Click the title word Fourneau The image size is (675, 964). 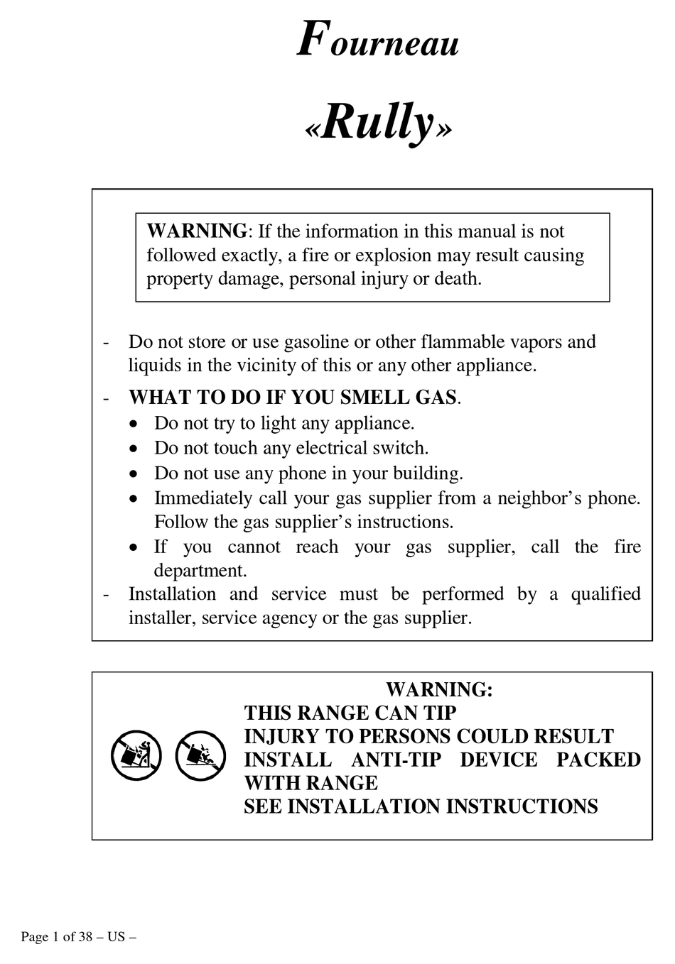[377, 40]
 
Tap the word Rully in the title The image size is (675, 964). [377, 122]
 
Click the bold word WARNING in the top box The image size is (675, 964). [197, 231]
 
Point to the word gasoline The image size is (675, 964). [316, 342]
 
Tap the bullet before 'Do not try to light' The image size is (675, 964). [134, 424]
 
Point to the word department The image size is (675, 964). [200, 571]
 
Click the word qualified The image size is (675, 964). [605, 594]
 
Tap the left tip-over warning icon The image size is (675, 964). [136, 756]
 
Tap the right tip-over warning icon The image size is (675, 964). [200, 756]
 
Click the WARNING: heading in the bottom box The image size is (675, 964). [439, 689]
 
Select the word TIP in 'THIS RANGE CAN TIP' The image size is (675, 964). [440, 713]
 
